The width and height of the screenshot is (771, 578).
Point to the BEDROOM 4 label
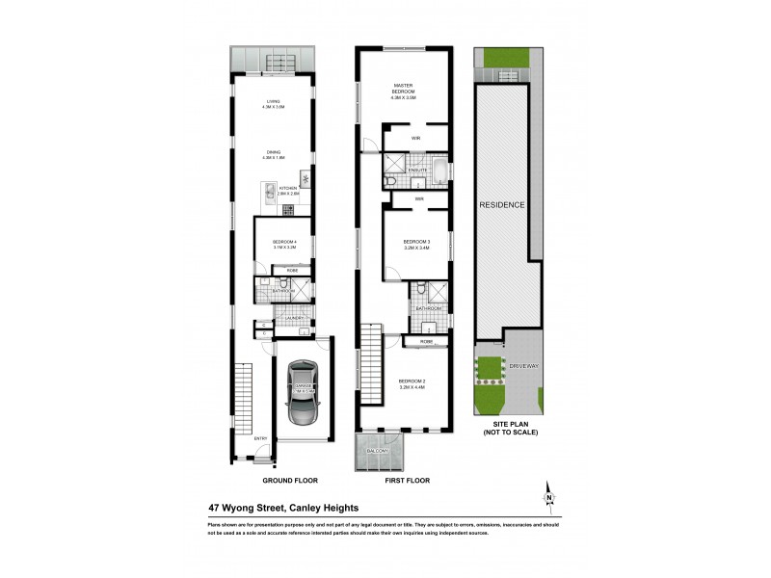(x=283, y=243)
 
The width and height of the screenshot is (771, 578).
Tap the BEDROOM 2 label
(x=412, y=383)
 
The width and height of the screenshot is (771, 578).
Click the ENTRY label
(x=260, y=439)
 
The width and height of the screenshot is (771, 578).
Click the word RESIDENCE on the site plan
(x=502, y=205)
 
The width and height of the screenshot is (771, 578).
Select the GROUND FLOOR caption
(x=289, y=480)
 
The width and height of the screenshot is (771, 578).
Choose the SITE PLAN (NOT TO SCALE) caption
(x=511, y=429)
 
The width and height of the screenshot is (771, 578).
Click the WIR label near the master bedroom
(x=416, y=139)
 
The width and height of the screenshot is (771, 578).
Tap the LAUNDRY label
(x=294, y=319)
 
